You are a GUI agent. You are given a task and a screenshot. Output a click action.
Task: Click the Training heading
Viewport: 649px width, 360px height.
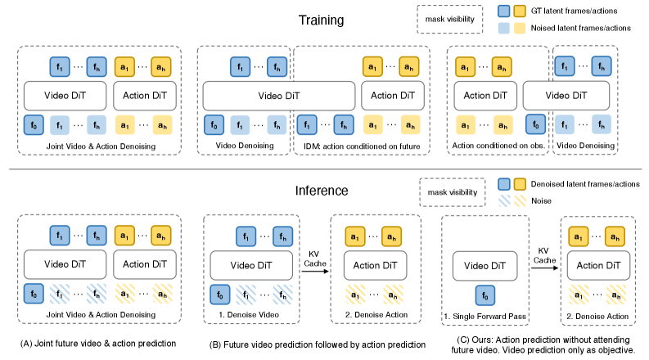pyautogui.click(x=321, y=20)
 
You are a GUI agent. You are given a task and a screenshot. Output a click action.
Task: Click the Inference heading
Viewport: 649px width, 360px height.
pyautogui.click(x=322, y=191)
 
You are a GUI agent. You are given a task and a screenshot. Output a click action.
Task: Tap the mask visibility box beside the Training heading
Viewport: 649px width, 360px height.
pyautogui.click(x=450, y=19)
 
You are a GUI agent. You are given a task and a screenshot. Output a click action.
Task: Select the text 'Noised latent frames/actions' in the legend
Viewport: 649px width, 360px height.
pyautogui.click(x=581, y=28)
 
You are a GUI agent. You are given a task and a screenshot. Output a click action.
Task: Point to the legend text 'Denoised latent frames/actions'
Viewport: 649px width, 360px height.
pyautogui.click(x=585, y=184)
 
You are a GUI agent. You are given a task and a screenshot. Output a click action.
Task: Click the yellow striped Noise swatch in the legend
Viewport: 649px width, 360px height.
pyautogui.click(x=520, y=200)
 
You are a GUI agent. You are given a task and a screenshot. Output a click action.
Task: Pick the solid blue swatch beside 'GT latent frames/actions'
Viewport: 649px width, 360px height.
pyautogui.click(x=503, y=11)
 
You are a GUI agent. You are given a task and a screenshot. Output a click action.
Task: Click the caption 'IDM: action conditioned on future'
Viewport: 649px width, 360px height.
pyautogui.click(x=362, y=146)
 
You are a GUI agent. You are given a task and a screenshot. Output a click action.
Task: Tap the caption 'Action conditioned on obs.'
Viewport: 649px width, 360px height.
pyautogui.click(x=498, y=146)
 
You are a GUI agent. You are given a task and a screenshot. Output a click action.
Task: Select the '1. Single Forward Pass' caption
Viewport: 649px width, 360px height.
pyautogui.click(x=484, y=317)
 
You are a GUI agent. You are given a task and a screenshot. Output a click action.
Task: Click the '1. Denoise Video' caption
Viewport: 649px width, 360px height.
pyautogui.click(x=249, y=315)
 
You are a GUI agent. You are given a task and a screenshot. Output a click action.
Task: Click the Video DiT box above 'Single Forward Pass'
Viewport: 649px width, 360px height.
pyautogui.click(x=485, y=266)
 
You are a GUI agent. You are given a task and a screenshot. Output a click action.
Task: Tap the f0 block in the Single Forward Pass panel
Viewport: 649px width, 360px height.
pyautogui.click(x=485, y=295)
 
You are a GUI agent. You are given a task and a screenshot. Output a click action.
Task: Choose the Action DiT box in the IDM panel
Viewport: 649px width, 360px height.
pyautogui.click(x=393, y=96)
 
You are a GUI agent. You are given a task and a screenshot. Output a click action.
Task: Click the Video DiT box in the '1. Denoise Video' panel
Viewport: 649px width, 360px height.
pyautogui.click(x=251, y=266)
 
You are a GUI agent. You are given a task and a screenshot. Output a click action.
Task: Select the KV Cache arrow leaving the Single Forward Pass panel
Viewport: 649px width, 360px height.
pyautogui.click(x=545, y=268)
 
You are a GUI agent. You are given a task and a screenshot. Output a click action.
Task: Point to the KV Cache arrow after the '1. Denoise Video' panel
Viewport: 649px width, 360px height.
pyautogui.click(x=315, y=271)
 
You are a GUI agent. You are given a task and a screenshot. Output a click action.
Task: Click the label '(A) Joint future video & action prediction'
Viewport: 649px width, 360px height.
pyautogui.click(x=98, y=344)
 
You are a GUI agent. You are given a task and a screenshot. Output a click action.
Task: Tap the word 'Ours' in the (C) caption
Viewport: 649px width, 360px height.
pyautogui.click(x=480, y=340)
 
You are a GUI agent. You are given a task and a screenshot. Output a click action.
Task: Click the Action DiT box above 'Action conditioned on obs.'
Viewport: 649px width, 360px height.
pyautogui.click(x=485, y=96)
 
